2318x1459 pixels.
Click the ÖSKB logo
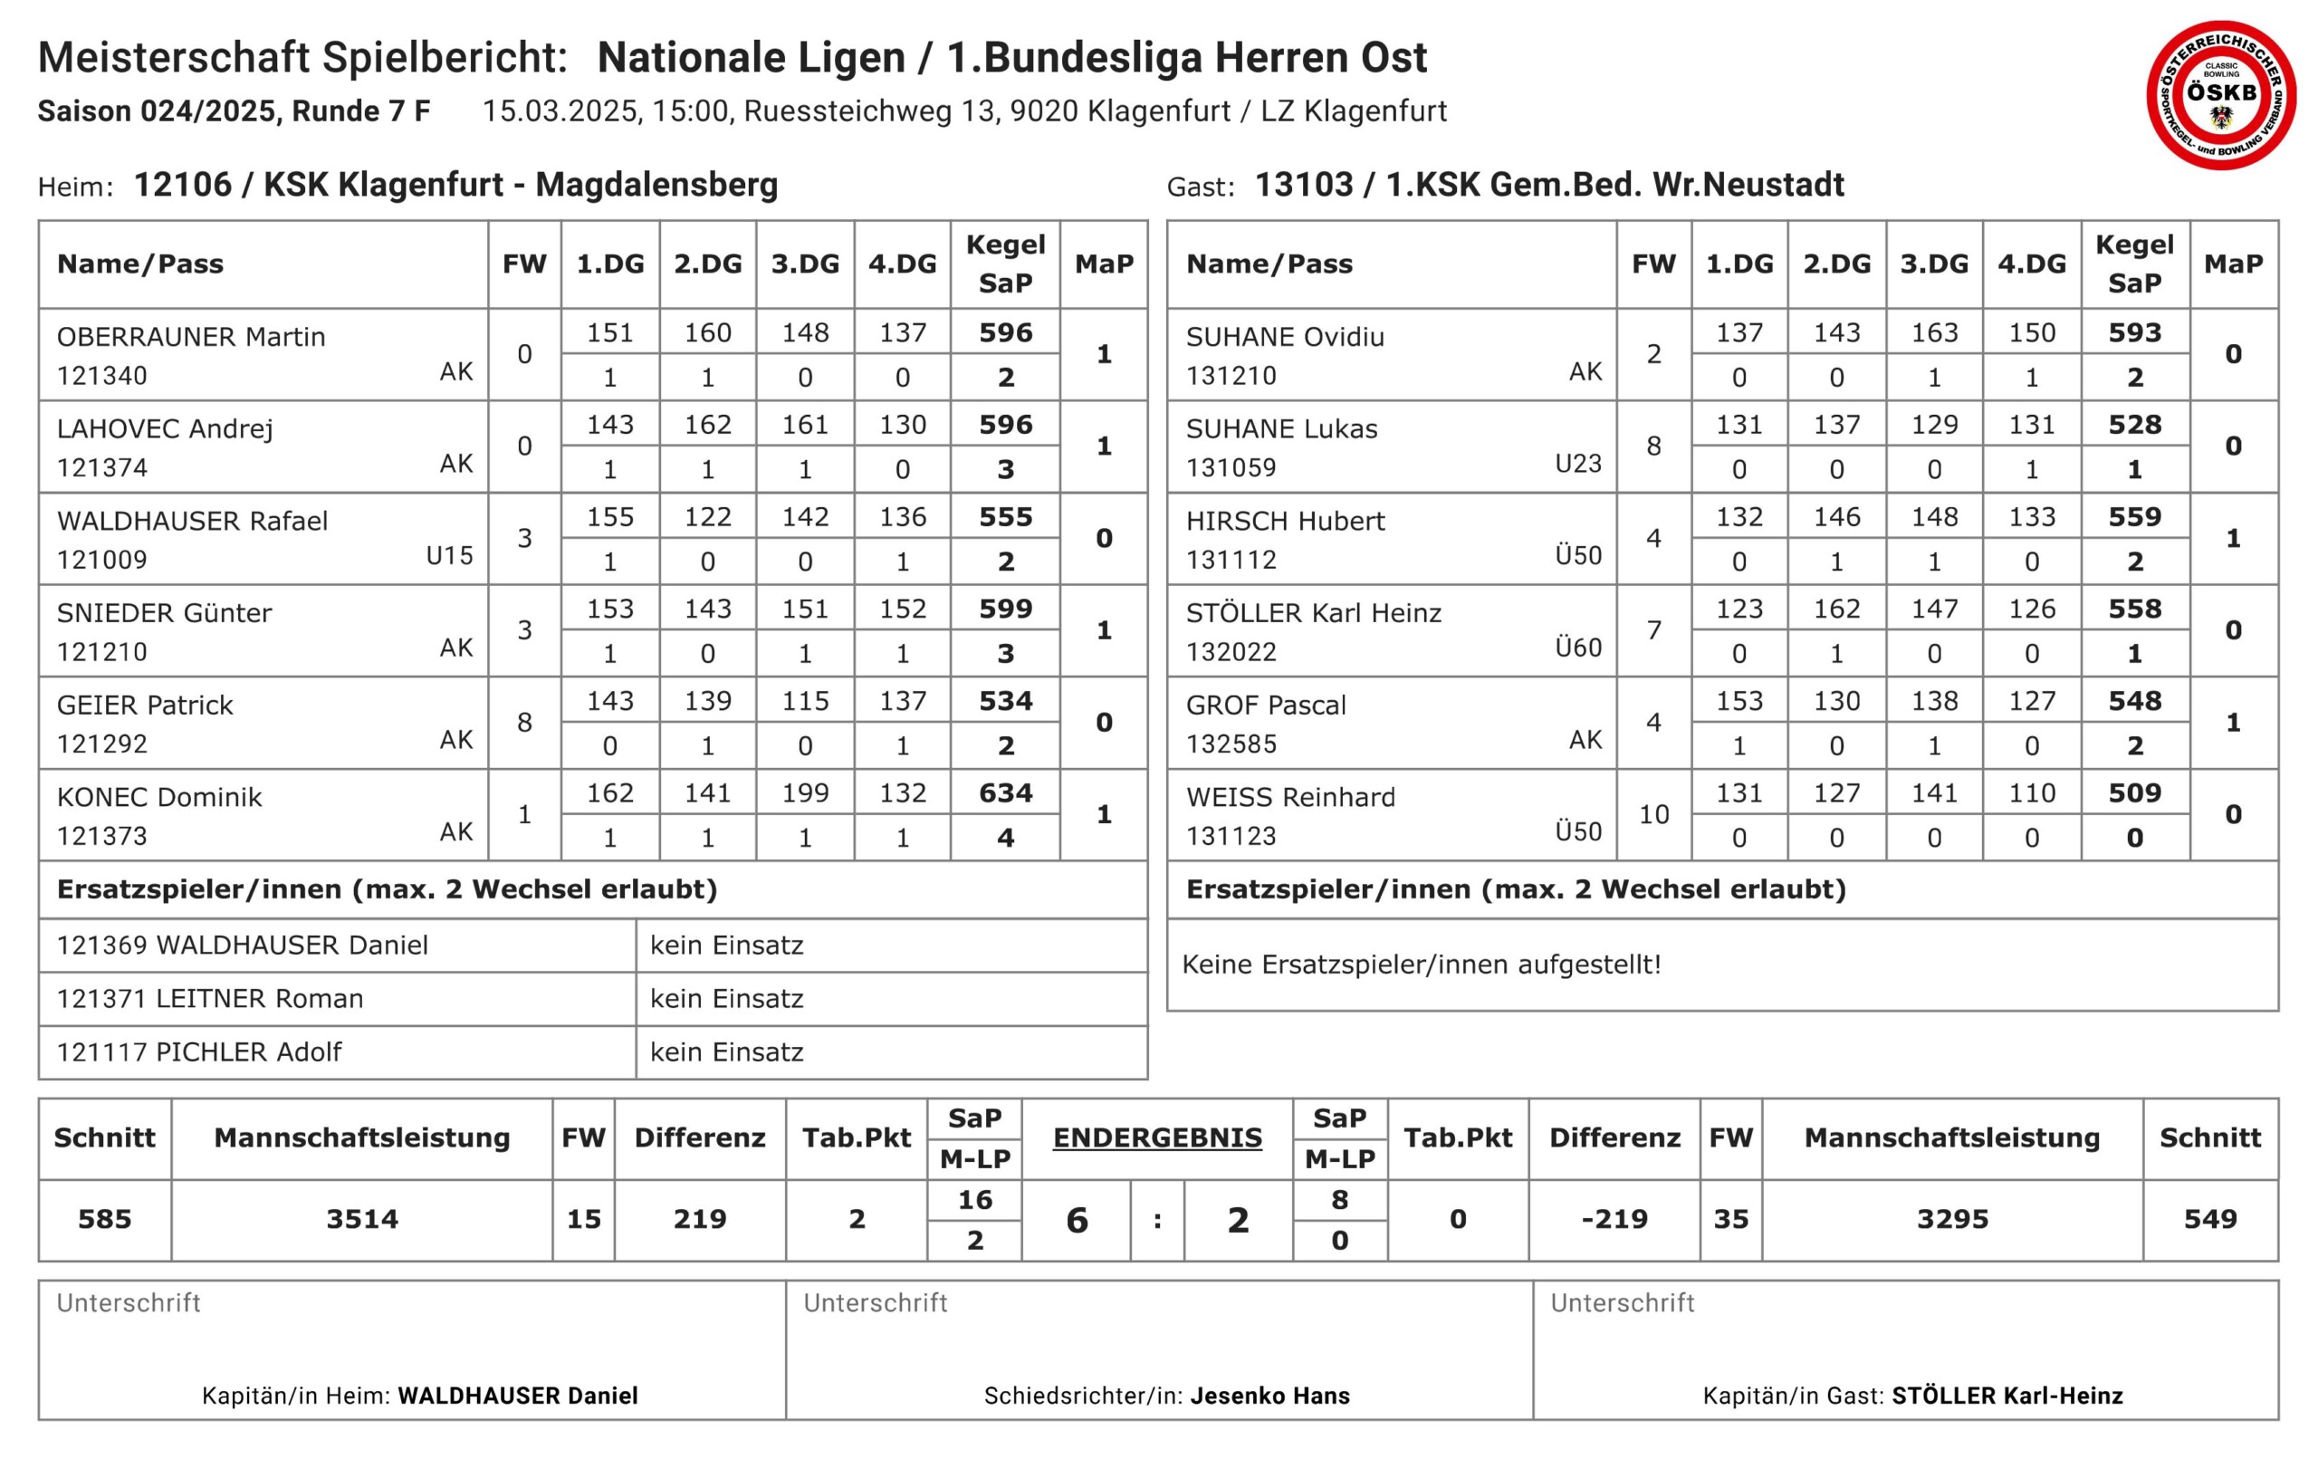(x=2221, y=94)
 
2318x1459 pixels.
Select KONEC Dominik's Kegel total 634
(x=1005, y=792)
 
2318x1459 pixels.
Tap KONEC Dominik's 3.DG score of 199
(x=805, y=792)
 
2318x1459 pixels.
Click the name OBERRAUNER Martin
(x=190, y=336)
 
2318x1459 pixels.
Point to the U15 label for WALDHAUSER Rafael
(x=449, y=556)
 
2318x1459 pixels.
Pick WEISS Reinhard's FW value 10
(x=1652, y=815)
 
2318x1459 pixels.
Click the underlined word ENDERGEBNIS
(x=1157, y=1137)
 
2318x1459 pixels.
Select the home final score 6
(x=1078, y=1220)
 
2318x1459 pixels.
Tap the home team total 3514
(x=362, y=1219)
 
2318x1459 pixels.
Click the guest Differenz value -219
(x=1614, y=1219)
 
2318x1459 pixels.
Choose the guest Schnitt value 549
(x=2210, y=1219)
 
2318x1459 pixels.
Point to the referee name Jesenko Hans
(x=1269, y=1396)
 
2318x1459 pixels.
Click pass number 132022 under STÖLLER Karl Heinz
(x=1231, y=652)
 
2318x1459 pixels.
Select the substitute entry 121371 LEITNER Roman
(x=210, y=999)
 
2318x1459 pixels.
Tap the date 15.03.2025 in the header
(x=560, y=110)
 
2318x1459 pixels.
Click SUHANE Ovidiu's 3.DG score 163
(x=1934, y=332)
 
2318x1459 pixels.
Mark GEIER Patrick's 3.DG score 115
(x=805, y=701)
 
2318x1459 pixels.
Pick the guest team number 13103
(x=1303, y=184)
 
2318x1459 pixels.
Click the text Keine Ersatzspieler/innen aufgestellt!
(x=1421, y=964)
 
